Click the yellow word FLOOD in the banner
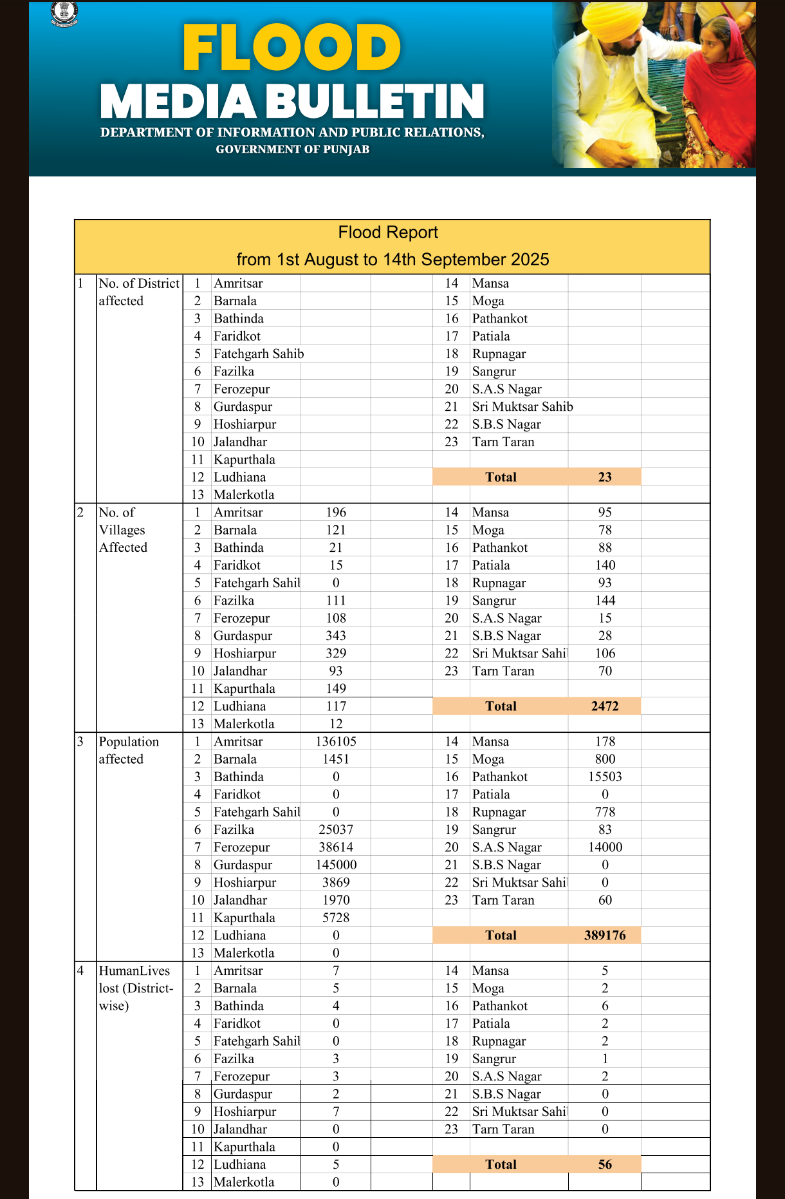pos(291,48)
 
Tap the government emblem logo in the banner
pos(64,14)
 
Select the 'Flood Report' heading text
pos(388,232)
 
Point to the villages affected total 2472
pos(605,706)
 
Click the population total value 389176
pos(605,935)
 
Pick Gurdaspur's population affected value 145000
pos(336,865)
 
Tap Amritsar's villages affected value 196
pos(336,513)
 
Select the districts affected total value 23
pos(605,477)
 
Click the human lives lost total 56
pos(605,1164)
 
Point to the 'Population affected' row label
pos(129,750)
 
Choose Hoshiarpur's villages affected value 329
pos(336,653)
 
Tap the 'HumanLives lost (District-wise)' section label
pos(135,988)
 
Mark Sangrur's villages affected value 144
pos(605,600)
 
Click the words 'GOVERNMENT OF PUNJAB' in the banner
pos(293,149)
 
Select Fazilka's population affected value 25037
pos(336,829)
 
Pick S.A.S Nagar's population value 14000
pos(605,847)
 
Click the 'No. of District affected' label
pos(138,292)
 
